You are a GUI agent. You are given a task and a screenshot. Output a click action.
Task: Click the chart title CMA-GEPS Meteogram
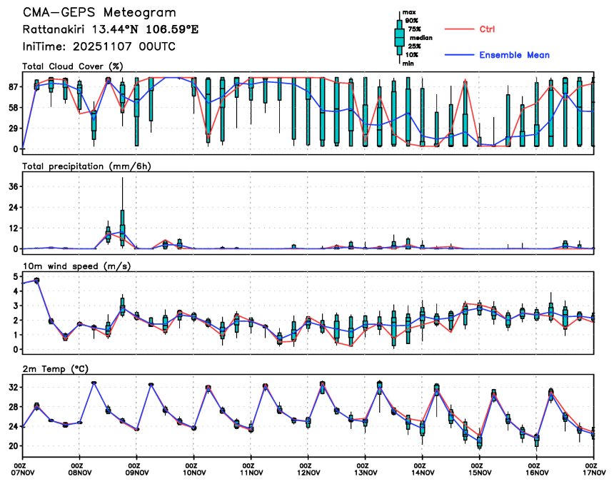tap(99, 13)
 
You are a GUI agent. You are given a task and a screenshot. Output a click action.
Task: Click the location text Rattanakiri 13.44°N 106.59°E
tap(99, 30)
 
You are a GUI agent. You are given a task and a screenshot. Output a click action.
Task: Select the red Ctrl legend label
tap(487, 29)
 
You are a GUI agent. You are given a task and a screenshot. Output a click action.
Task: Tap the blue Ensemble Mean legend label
tap(514, 55)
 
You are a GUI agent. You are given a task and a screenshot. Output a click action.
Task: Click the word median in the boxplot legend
tap(420, 38)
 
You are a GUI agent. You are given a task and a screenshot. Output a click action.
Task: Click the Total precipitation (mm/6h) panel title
tap(87, 166)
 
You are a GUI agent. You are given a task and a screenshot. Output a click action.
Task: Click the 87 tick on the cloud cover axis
tap(13, 86)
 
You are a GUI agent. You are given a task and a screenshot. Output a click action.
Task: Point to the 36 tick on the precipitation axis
tap(13, 186)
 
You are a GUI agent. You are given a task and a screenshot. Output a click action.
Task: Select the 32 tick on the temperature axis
tap(13, 387)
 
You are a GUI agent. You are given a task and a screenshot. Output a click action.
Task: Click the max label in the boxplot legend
tap(409, 12)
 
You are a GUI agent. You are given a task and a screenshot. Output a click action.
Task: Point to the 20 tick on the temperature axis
tap(13, 445)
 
